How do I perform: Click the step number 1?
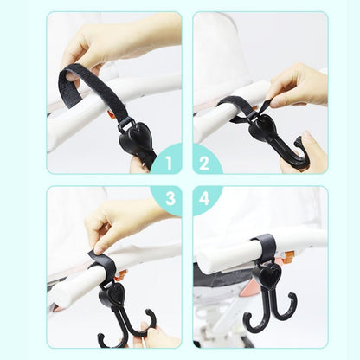169,163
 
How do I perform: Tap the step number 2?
204,163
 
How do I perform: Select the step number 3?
170,198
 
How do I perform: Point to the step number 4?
204,198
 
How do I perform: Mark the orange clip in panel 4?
287,257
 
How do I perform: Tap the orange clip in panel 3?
121,275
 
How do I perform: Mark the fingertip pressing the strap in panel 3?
99,249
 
